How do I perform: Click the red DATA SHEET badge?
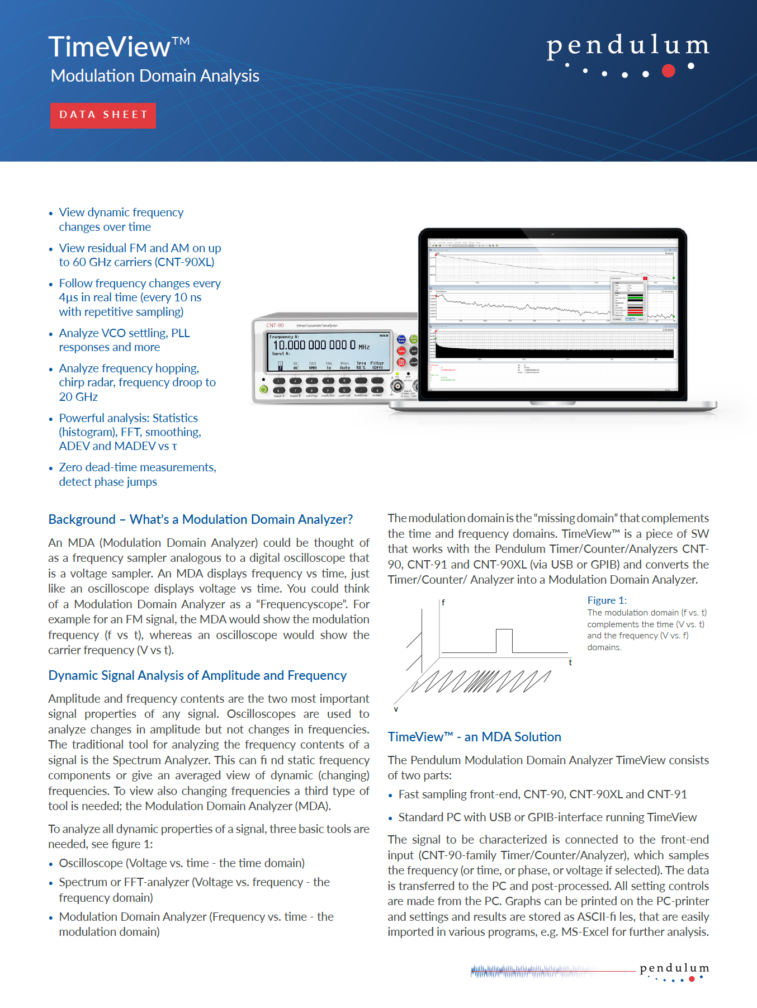pyautogui.click(x=103, y=115)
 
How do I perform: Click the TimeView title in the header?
pyautogui.click(x=110, y=47)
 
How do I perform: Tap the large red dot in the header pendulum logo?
pyautogui.click(x=668, y=70)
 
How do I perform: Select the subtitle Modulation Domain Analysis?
pyautogui.click(x=155, y=76)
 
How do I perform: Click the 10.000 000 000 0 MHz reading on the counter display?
pyautogui.click(x=314, y=345)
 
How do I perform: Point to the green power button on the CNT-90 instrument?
pyautogui.click(x=263, y=389)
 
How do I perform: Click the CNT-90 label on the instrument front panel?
pyautogui.click(x=275, y=325)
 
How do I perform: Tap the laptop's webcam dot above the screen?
pyautogui.click(x=552, y=234)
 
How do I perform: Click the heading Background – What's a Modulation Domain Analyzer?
pyautogui.click(x=200, y=519)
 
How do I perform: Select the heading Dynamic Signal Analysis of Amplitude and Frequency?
pyautogui.click(x=197, y=675)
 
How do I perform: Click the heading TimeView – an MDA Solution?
pyautogui.click(x=474, y=737)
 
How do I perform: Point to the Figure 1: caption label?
pyautogui.click(x=607, y=600)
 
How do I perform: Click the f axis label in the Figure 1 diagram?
pyautogui.click(x=443, y=603)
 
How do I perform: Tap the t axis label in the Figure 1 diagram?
pyautogui.click(x=570, y=662)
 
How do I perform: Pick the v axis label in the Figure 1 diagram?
pyautogui.click(x=396, y=709)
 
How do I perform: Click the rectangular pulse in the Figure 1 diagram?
pyautogui.click(x=504, y=640)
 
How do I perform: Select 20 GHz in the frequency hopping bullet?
pyautogui.click(x=78, y=397)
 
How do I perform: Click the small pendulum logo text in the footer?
pyautogui.click(x=674, y=968)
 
